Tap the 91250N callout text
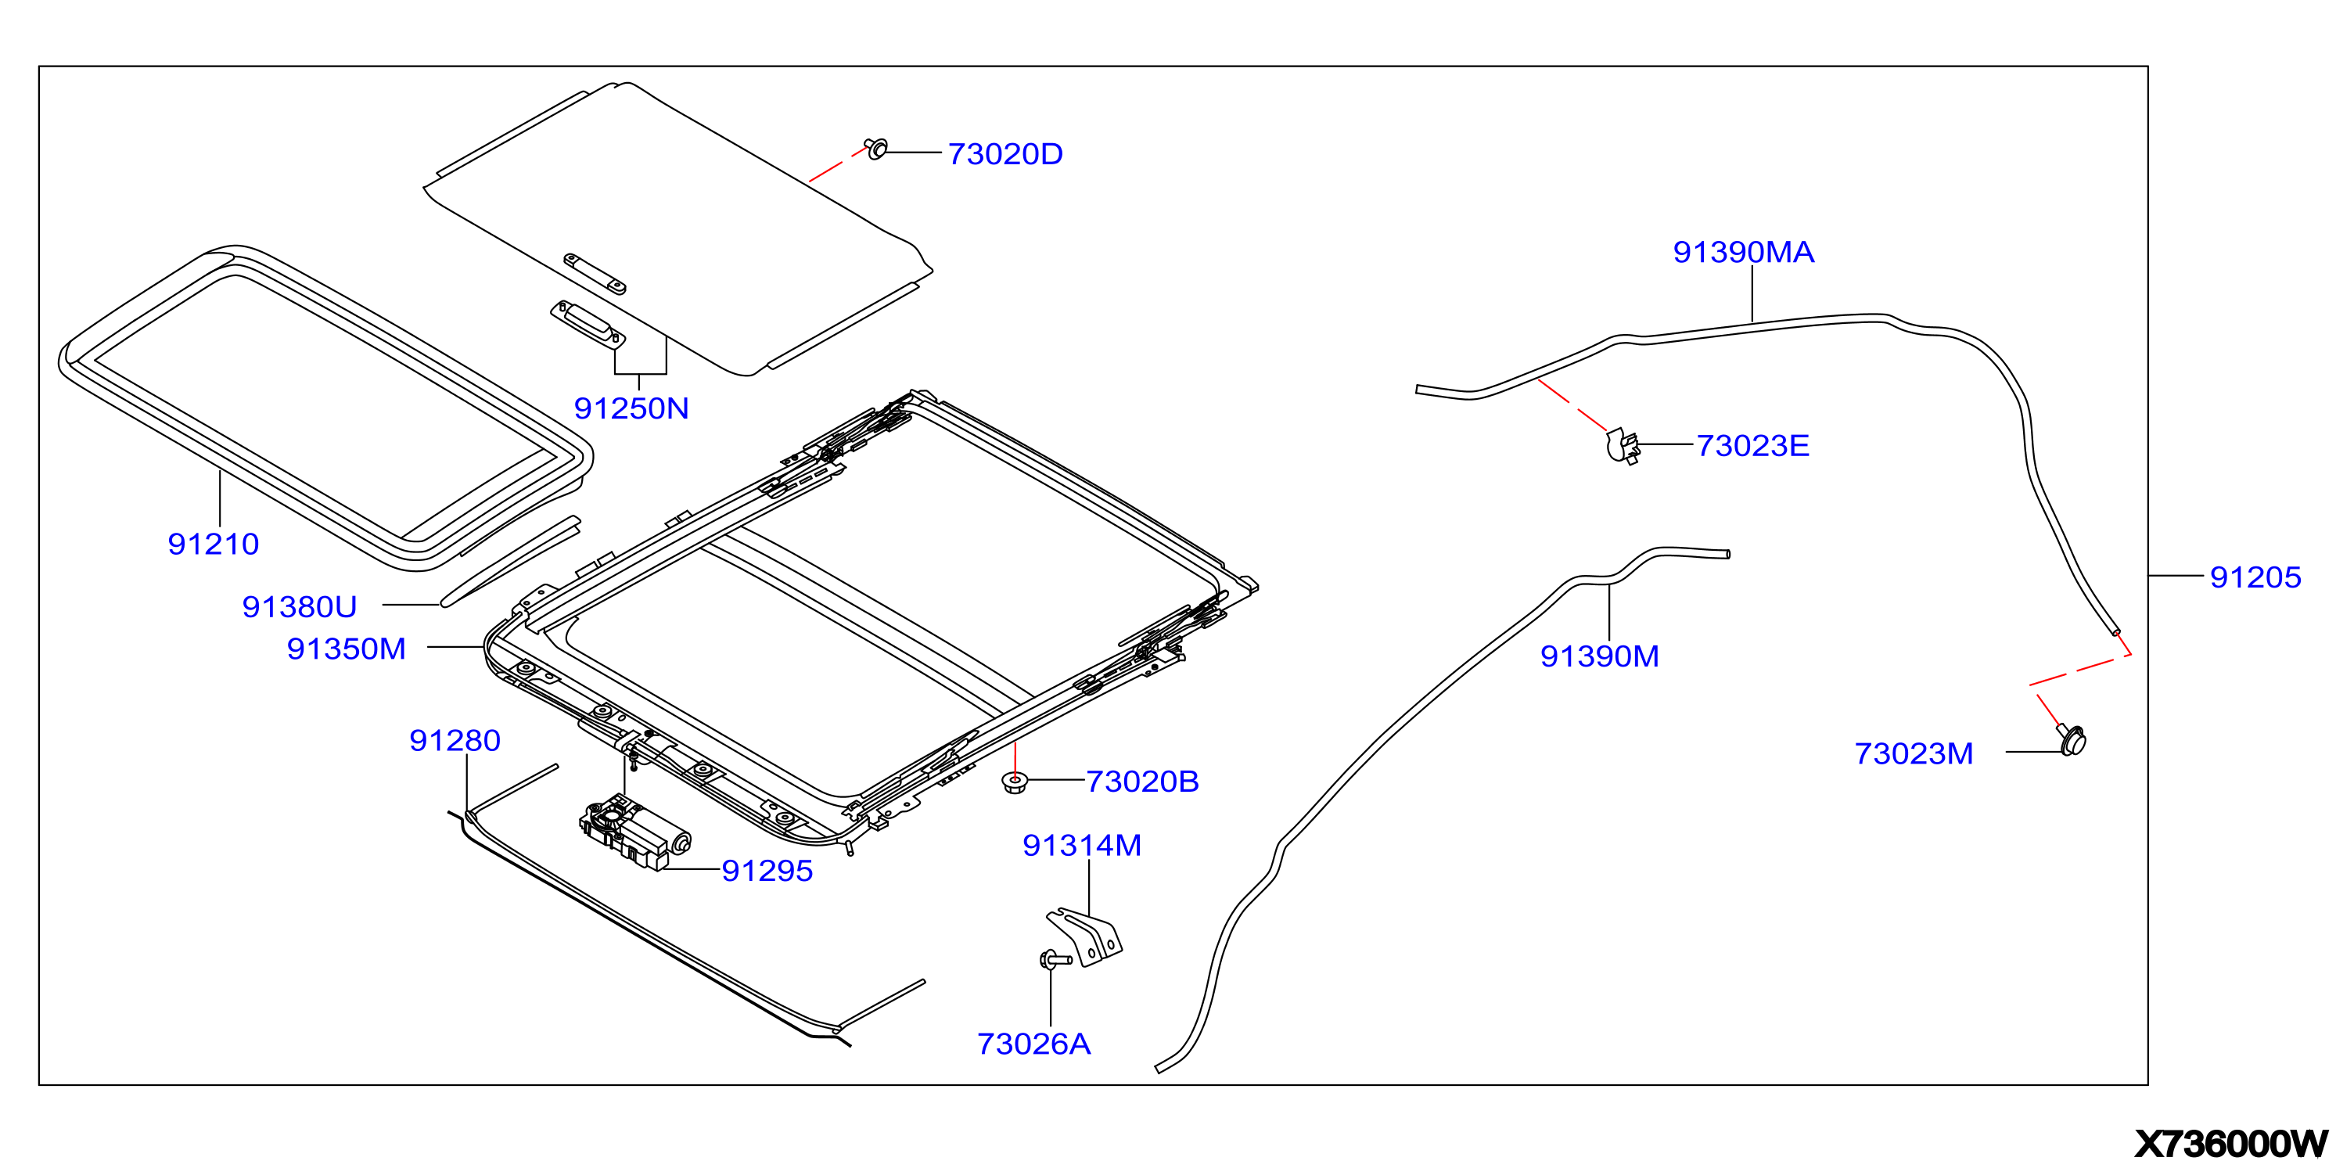(x=631, y=409)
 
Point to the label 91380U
(x=300, y=607)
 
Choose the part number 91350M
(x=346, y=649)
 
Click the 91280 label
(x=455, y=741)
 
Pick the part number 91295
(x=767, y=871)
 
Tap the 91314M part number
(x=1082, y=846)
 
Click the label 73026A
(x=1033, y=1044)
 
